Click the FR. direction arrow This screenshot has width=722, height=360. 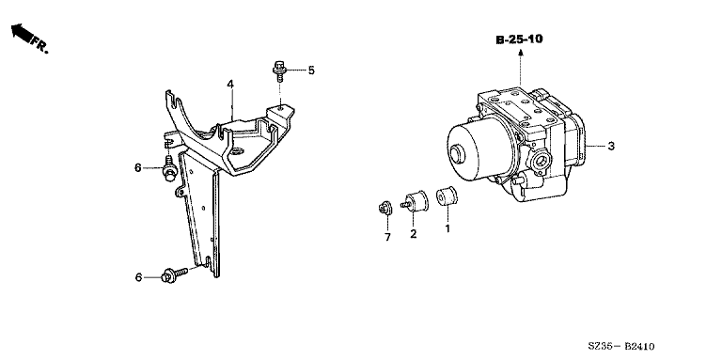coord(22,33)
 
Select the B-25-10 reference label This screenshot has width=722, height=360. coord(519,39)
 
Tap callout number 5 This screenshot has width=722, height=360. coord(311,70)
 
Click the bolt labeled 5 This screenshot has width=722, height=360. coord(279,70)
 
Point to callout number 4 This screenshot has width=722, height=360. coord(230,85)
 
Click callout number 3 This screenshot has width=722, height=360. coord(611,147)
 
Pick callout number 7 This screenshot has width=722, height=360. coord(387,237)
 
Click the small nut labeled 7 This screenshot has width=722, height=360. coord(385,209)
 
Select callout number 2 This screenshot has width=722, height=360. coord(414,234)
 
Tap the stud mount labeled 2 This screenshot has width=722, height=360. coord(415,202)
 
